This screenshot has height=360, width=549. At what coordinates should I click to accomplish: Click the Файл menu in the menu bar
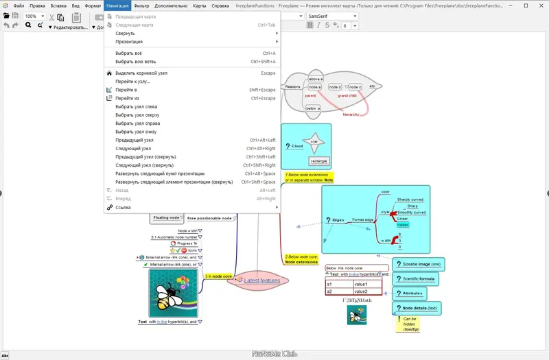pyautogui.click(x=19, y=5)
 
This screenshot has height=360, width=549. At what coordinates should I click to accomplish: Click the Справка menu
pyautogui.click(x=220, y=5)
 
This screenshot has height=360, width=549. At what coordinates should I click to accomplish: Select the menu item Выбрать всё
pyautogui.click(x=130, y=53)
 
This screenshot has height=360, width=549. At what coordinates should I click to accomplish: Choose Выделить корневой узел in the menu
pyautogui.click(x=141, y=73)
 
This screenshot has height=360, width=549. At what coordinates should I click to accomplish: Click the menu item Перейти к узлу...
pyautogui.click(x=132, y=82)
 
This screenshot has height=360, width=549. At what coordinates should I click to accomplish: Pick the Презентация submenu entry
pyautogui.click(x=129, y=42)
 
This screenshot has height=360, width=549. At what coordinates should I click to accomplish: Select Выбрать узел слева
pyautogui.click(x=136, y=106)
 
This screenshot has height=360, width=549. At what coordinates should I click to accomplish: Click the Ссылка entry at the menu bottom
pyautogui.click(x=124, y=207)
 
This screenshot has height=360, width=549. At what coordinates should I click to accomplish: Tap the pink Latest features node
pyautogui.click(x=261, y=280)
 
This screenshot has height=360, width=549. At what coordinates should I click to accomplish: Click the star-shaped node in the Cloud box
pyautogui.click(x=314, y=141)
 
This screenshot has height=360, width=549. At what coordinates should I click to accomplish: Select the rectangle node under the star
pyautogui.click(x=318, y=160)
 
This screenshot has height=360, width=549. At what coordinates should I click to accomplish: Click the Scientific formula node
pyautogui.click(x=419, y=278)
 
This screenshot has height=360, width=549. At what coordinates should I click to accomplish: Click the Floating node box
pyautogui.click(x=166, y=217)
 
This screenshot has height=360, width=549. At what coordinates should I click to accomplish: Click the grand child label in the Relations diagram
pyautogui.click(x=347, y=96)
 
